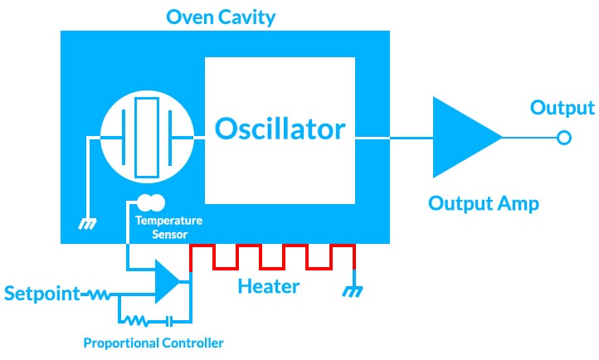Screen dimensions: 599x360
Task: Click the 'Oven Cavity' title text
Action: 221,17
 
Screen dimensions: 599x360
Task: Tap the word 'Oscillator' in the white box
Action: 280,129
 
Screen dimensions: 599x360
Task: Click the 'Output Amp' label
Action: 483,203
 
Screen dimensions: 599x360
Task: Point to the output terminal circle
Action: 564,138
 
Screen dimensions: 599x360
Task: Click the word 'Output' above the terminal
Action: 562,108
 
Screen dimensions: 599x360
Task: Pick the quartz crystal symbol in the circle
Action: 147,138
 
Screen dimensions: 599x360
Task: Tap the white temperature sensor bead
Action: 151,202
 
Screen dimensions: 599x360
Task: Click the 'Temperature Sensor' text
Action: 169,227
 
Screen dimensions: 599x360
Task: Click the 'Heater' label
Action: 269,286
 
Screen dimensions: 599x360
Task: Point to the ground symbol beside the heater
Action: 353,292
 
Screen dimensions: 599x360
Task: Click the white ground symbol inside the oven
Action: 87,224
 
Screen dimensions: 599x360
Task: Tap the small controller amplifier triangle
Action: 167,282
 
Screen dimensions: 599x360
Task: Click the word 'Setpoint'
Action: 42,294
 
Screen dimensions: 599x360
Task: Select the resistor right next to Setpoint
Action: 100,294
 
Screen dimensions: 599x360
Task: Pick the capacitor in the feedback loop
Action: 169,322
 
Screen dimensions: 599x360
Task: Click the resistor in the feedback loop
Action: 135,320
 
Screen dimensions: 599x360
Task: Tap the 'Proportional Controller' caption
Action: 153,343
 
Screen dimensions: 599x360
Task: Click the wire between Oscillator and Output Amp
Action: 394,138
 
